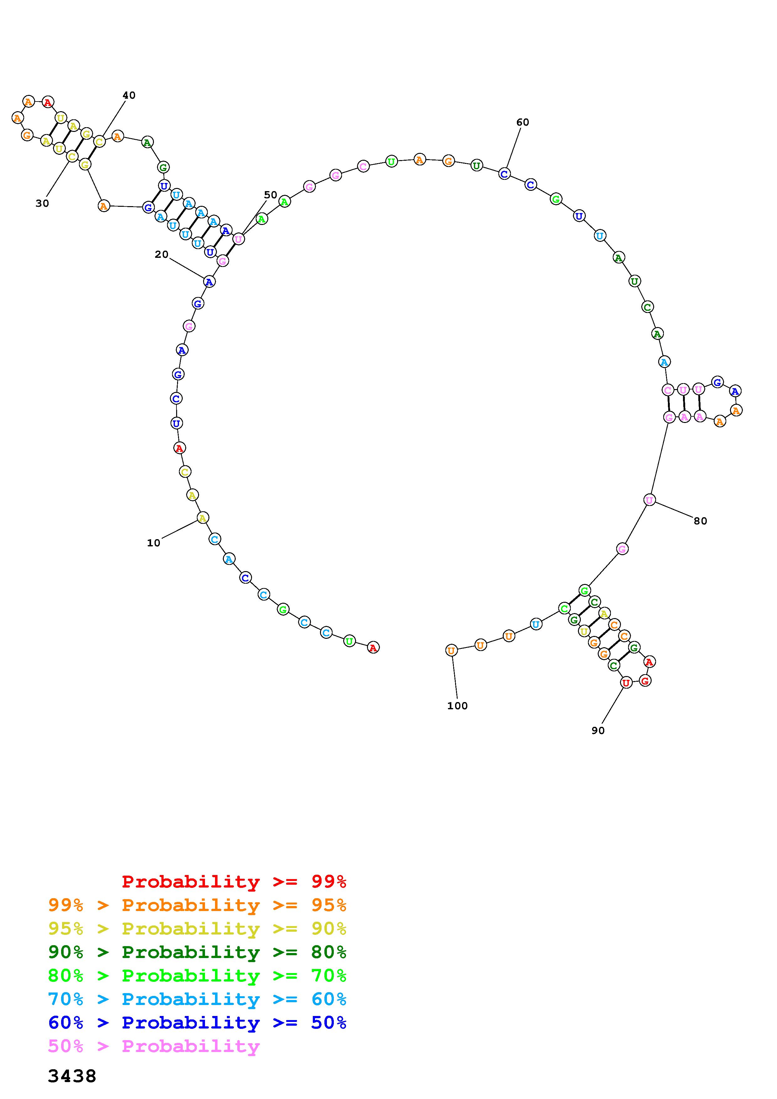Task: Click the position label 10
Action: click(x=153, y=543)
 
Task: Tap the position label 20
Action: click(x=161, y=255)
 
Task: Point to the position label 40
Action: click(x=129, y=95)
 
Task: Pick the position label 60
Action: click(x=523, y=122)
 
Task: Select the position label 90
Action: click(x=598, y=731)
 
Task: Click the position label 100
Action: click(x=457, y=706)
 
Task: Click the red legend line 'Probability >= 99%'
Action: click(x=234, y=882)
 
